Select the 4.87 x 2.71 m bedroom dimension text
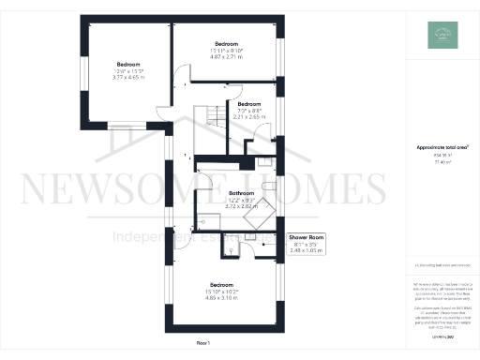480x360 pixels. [226, 57]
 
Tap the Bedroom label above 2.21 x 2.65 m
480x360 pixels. [249, 104]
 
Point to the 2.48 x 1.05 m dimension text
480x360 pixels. [307, 250]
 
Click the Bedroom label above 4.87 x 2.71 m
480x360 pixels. [226, 44]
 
